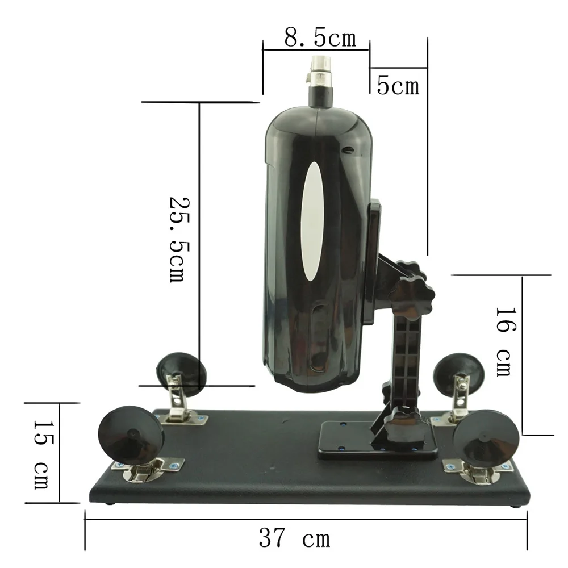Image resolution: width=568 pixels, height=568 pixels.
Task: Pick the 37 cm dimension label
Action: pos(294,537)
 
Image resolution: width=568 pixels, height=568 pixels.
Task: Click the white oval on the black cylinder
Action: pos(312,222)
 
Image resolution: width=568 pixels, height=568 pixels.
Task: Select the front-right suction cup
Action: pos(486,442)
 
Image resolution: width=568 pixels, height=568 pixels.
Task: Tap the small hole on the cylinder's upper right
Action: pos(348,150)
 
